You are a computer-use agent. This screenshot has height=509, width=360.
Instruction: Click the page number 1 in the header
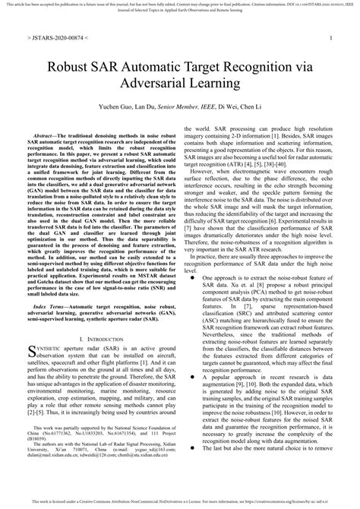click(x=332, y=36)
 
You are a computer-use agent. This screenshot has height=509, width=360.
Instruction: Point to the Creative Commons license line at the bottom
click(x=180, y=502)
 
